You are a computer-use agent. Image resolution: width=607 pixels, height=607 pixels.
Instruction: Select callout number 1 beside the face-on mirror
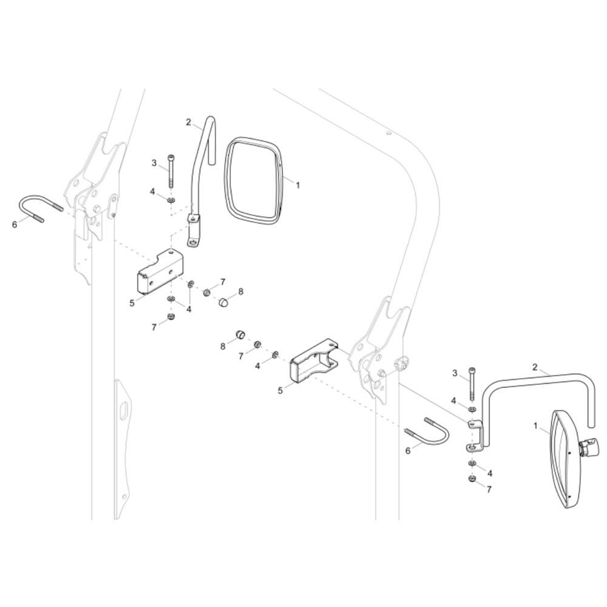[x=297, y=185]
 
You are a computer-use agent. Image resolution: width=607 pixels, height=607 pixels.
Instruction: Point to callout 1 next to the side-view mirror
[x=536, y=427]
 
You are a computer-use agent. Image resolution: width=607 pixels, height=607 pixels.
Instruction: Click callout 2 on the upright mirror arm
[x=188, y=123]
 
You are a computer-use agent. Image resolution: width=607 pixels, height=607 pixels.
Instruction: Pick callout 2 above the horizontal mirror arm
[x=535, y=367]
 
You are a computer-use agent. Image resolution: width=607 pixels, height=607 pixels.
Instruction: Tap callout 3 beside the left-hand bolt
[x=154, y=163]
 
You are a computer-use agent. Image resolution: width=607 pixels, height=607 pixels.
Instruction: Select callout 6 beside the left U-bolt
[x=15, y=224]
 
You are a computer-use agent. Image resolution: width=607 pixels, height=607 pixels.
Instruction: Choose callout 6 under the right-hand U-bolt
[x=408, y=450]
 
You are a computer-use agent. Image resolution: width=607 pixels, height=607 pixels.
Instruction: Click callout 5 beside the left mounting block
[x=132, y=302]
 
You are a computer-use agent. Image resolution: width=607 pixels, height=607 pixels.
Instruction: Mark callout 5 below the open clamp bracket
[x=280, y=391]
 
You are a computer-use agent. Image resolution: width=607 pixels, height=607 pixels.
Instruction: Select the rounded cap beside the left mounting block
[x=223, y=300]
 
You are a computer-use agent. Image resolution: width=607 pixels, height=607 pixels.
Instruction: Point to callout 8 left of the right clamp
[x=223, y=346]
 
